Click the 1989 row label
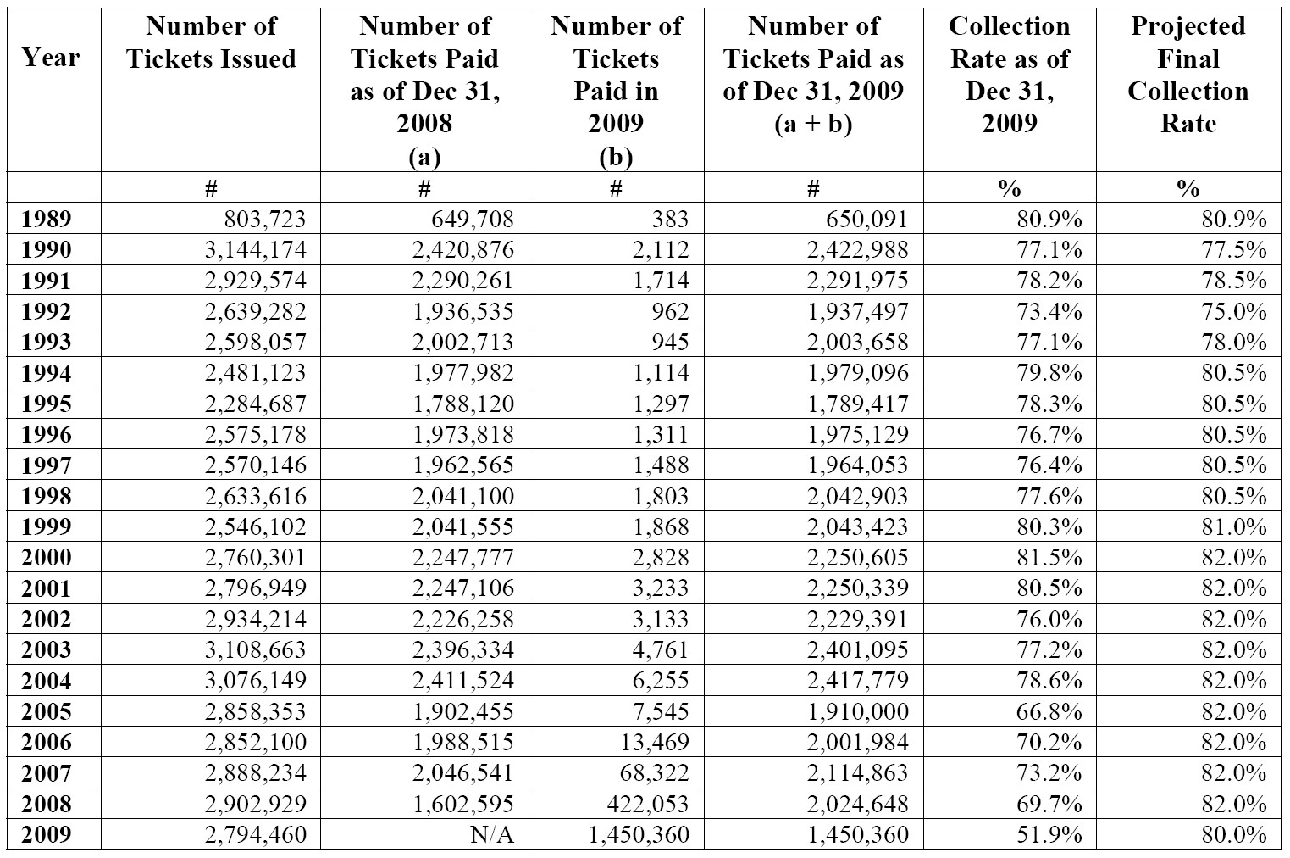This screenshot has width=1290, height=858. coord(47,219)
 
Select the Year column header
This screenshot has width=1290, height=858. coord(51,58)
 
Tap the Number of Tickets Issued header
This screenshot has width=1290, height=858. coord(211,42)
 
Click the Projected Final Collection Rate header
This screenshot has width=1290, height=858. coord(1188,75)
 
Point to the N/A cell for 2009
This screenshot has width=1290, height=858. coord(492,834)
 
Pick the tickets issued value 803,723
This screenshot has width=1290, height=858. coord(265,219)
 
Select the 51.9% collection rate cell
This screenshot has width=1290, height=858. coord(1049,834)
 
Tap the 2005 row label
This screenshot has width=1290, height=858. coord(47,711)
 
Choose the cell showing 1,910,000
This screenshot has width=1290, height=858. coord(857,711)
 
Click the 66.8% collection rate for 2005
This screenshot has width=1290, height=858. coord(1049,711)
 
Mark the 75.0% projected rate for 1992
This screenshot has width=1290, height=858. coord(1233,311)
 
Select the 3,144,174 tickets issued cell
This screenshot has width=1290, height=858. coord(256,249)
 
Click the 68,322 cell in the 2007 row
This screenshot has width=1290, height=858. coord(654,772)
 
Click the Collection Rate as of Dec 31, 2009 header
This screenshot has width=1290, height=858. coord(1010,75)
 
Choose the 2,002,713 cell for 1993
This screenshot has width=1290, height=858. coord(463,342)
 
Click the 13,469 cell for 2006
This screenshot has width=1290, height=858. coord(654,742)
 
